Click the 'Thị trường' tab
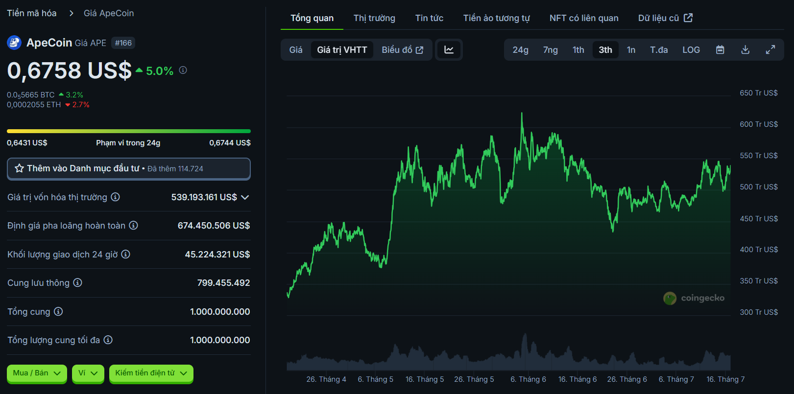(x=374, y=18)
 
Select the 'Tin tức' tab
(x=429, y=18)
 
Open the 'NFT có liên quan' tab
(x=583, y=18)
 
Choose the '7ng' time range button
(x=550, y=50)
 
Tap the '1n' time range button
(x=631, y=50)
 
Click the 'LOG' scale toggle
(x=691, y=50)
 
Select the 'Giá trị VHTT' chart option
(x=342, y=50)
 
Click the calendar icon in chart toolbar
(x=720, y=50)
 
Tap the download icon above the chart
(x=745, y=50)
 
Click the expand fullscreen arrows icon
(x=770, y=50)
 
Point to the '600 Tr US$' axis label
(x=758, y=124)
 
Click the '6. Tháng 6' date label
(x=528, y=379)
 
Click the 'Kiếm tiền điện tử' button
(x=151, y=373)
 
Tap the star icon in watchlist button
(x=20, y=168)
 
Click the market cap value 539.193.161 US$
(x=204, y=197)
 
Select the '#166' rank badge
(x=123, y=43)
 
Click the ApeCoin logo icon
(x=14, y=43)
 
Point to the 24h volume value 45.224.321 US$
(x=217, y=255)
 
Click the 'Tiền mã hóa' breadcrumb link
(x=32, y=13)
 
